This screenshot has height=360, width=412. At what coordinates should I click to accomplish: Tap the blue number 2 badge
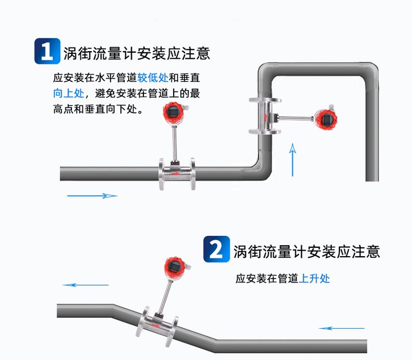click(x=216, y=250)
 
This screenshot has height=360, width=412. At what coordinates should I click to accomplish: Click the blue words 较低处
click(x=152, y=78)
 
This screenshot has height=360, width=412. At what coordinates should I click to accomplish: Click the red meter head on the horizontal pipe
click(x=172, y=113)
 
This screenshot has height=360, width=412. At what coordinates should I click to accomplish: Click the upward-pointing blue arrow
click(x=293, y=159)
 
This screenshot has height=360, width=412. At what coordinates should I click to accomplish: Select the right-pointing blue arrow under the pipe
click(x=92, y=195)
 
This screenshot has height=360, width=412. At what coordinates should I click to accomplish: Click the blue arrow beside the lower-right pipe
click(x=341, y=328)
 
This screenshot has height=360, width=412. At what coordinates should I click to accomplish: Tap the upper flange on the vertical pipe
click(x=266, y=100)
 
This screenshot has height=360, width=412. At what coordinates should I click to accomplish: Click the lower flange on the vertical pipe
click(x=266, y=132)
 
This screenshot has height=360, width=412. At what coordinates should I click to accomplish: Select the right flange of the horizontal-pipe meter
click(x=192, y=174)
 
